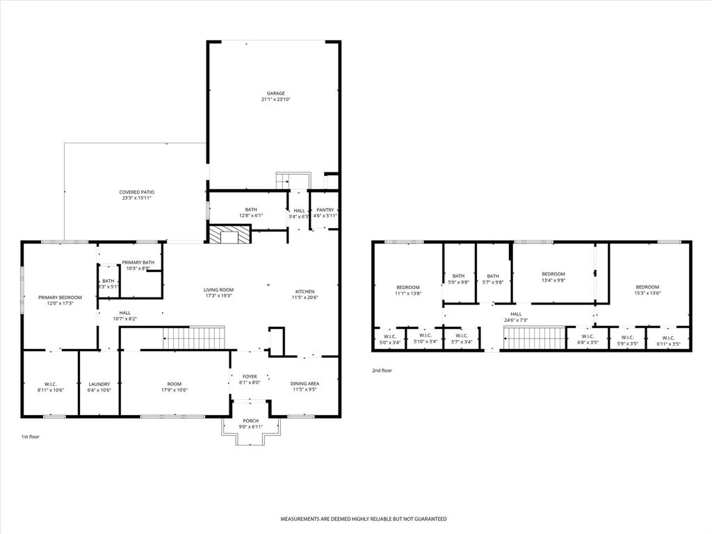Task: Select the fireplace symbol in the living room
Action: point(228,234)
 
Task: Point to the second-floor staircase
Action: point(534,339)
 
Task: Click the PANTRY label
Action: point(325,210)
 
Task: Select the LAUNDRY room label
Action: point(99,384)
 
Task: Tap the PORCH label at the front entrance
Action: point(250,421)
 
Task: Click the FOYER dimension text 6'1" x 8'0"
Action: point(250,382)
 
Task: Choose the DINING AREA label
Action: point(305,384)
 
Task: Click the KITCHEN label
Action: point(305,291)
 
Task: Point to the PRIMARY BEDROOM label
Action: point(60,297)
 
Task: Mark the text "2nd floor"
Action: point(382,371)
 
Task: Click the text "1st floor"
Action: point(31,437)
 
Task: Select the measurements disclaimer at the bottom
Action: point(363,519)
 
